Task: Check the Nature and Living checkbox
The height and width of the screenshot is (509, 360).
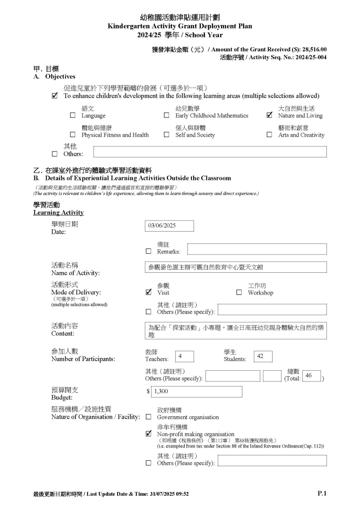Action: click(x=269, y=115)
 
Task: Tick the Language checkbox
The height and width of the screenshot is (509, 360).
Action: click(x=73, y=115)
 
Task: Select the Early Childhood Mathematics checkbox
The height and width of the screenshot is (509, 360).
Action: click(x=166, y=115)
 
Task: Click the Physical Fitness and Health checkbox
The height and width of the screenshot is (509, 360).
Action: click(x=73, y=135)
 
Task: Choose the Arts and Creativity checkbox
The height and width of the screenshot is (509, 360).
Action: click(x=269, y=135)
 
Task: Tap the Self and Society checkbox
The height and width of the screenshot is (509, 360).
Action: click(x=166, y=135)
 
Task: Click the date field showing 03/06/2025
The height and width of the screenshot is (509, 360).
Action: click(x=169, y=226)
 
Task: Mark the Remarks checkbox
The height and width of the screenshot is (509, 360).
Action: click(x=148, y=251)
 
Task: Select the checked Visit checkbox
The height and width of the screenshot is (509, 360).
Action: click(x=148, y=292)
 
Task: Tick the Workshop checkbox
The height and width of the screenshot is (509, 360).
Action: click(x=239, y=292)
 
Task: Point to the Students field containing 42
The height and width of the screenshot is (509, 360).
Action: click(x=263, y=356)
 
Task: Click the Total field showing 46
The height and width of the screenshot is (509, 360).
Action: click(x=311, y=376)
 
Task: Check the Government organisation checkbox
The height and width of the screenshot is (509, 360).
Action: click(x=148, y=417)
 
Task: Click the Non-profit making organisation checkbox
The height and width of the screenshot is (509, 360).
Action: click(x=148, y=434)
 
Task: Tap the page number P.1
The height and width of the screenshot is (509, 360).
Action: click(x=322, y=493)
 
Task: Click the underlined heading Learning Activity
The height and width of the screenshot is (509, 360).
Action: click(x=58, y=213)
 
